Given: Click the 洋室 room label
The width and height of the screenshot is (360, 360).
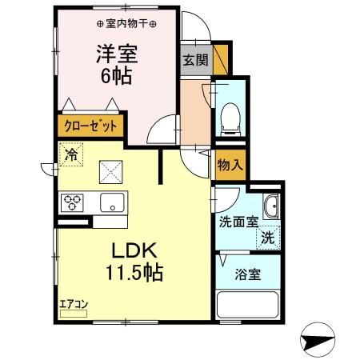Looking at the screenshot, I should click(x=117, y=55).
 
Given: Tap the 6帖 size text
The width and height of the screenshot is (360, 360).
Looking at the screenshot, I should click(x=117, y=78).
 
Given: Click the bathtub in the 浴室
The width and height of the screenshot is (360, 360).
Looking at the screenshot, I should click(x=249, y=305).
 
